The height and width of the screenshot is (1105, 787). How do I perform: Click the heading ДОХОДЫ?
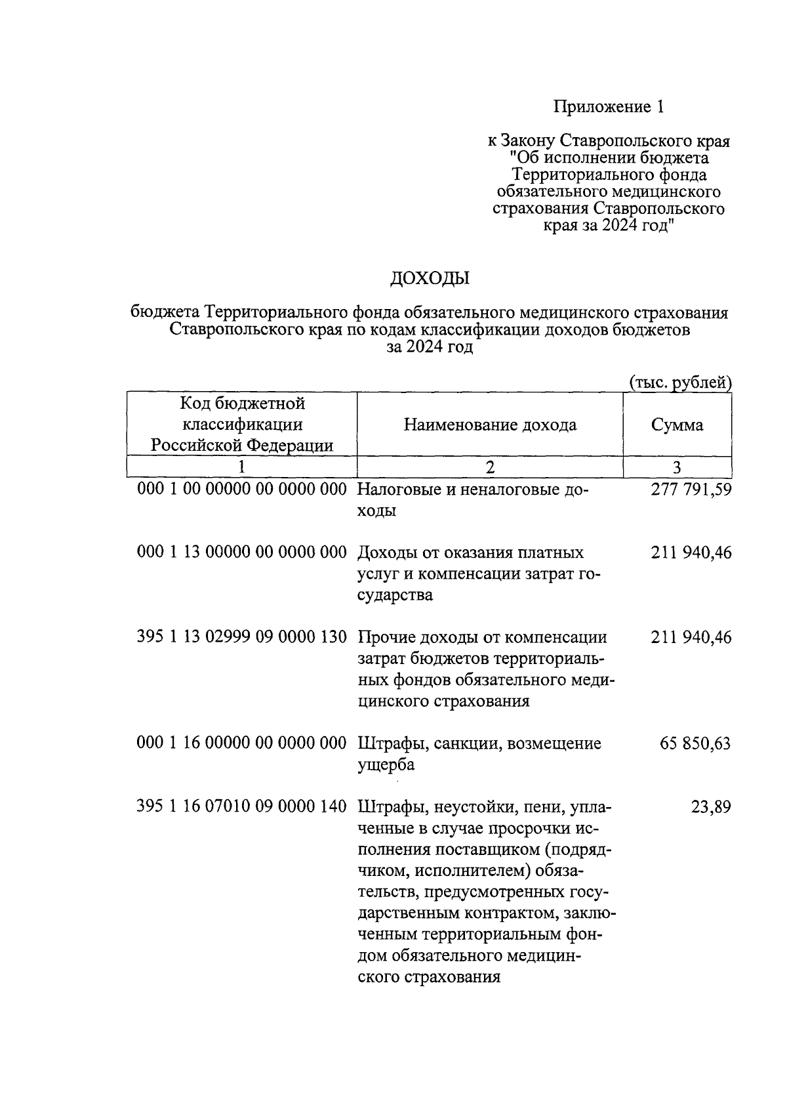(x=430, y=279)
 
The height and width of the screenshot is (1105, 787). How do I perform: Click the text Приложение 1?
(x=609, y=107)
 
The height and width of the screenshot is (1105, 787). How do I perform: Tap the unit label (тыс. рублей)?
(x=679, y=383)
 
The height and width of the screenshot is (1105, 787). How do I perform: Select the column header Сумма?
(x=677, y=425)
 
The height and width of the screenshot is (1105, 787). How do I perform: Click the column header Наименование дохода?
(x=490, y=425)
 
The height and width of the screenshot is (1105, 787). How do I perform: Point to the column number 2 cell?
(x=489, y=467)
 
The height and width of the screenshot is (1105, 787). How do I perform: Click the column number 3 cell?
(x=677, y=467)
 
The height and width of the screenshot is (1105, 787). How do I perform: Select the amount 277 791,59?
(x=691, y=490)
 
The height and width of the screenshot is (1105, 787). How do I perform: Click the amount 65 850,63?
(x=695, y=743)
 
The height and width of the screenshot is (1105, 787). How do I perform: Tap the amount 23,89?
(x=711, y=807)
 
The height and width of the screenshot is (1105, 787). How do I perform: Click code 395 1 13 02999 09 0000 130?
(x=241, y=637)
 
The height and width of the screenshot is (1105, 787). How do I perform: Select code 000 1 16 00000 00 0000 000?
(x=241, y=743)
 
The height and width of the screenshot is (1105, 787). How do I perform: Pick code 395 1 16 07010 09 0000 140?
(x=241, y=807)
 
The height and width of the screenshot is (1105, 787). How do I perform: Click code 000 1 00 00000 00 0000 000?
(x=241, y=490)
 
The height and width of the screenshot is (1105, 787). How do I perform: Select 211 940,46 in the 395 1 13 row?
(x=691, y=637)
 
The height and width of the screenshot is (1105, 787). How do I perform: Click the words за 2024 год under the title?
(x=430, y=348)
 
